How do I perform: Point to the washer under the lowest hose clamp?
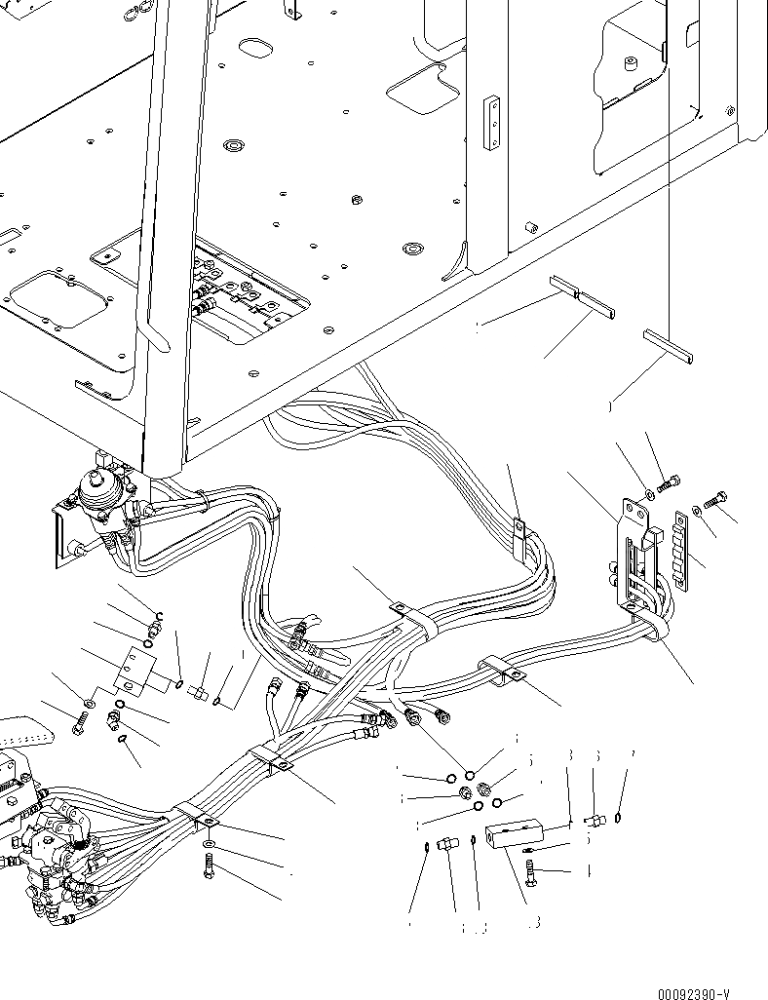211,840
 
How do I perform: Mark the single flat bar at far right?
670,347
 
